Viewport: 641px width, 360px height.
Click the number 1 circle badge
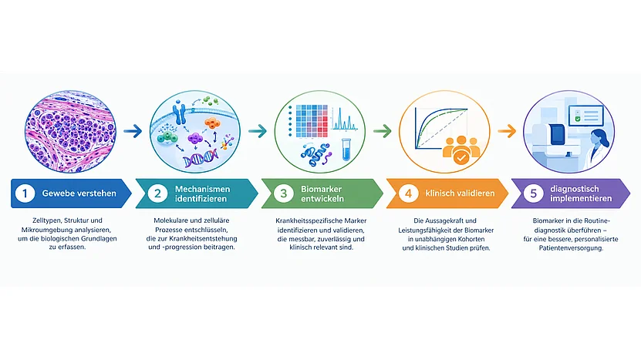click(25, 193)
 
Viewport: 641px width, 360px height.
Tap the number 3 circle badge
click(283, 193)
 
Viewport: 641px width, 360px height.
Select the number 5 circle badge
click(533, 193)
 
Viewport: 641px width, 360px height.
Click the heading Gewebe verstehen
click(79, 193)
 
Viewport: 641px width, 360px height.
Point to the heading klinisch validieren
click(460, 193)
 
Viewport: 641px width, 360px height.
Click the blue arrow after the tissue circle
click(133, 131)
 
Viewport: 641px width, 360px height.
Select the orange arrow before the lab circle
click(507, 131)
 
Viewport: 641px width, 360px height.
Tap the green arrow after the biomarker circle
click(383, 131)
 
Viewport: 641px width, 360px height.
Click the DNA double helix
click(201, 159)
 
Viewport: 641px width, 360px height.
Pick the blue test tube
click(346, 149)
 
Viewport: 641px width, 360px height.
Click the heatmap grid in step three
click(312, 120)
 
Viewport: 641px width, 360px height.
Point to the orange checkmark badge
click(461, 157)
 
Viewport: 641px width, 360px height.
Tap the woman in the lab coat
click(599, 149)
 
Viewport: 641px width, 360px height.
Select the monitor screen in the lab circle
click(585, 115)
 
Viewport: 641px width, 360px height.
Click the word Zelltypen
click(46, 220)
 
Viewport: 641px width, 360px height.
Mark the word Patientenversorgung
click(571, 248)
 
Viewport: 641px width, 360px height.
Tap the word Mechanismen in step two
click(202, 189)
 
